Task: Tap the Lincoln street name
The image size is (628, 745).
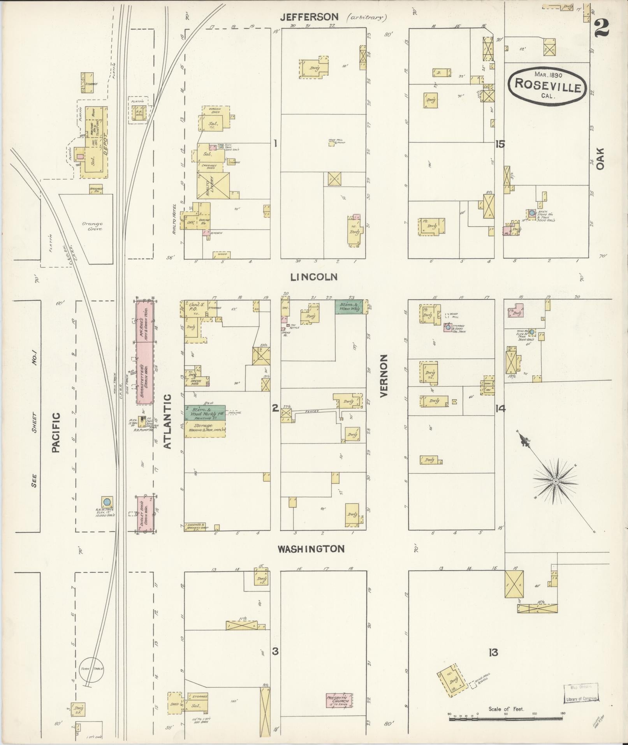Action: (313, 277)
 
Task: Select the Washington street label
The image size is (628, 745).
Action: (311, 549)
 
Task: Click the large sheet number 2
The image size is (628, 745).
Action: (602, 28)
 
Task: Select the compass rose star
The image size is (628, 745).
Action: (556, 481)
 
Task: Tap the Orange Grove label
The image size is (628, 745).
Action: (92, 226)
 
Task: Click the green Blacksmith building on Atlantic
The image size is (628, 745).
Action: (205, 412)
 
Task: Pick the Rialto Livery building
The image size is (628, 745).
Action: (213, 186)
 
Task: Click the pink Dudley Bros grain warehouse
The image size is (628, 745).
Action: (145, 514)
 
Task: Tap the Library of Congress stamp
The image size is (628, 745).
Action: (580, 692)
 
